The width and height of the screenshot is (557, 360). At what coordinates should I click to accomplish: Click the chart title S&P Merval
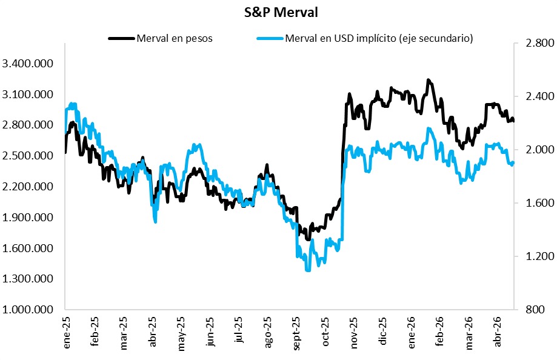point(278,12)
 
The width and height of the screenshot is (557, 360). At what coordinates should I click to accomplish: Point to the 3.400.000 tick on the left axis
point(28,64)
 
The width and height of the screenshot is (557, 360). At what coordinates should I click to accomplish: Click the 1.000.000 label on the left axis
point(28,310)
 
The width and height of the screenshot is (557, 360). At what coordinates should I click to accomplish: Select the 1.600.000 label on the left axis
point(28,248)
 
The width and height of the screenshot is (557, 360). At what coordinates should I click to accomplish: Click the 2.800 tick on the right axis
point(533,44)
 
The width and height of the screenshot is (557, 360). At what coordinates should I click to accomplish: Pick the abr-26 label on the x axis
point(498,332)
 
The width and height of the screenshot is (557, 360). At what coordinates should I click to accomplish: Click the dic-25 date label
point(384,332)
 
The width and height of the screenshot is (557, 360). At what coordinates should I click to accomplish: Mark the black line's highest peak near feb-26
point(429,79)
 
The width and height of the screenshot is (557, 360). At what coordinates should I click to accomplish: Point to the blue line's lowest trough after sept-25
point(307,270)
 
